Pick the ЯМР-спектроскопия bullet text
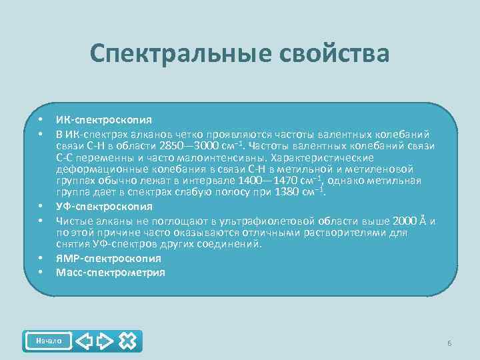108,259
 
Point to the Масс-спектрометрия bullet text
111,272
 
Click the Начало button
48,341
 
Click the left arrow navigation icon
85,341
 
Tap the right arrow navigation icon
105,341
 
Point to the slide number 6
449,343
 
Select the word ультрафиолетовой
272,221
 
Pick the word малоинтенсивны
219,158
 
